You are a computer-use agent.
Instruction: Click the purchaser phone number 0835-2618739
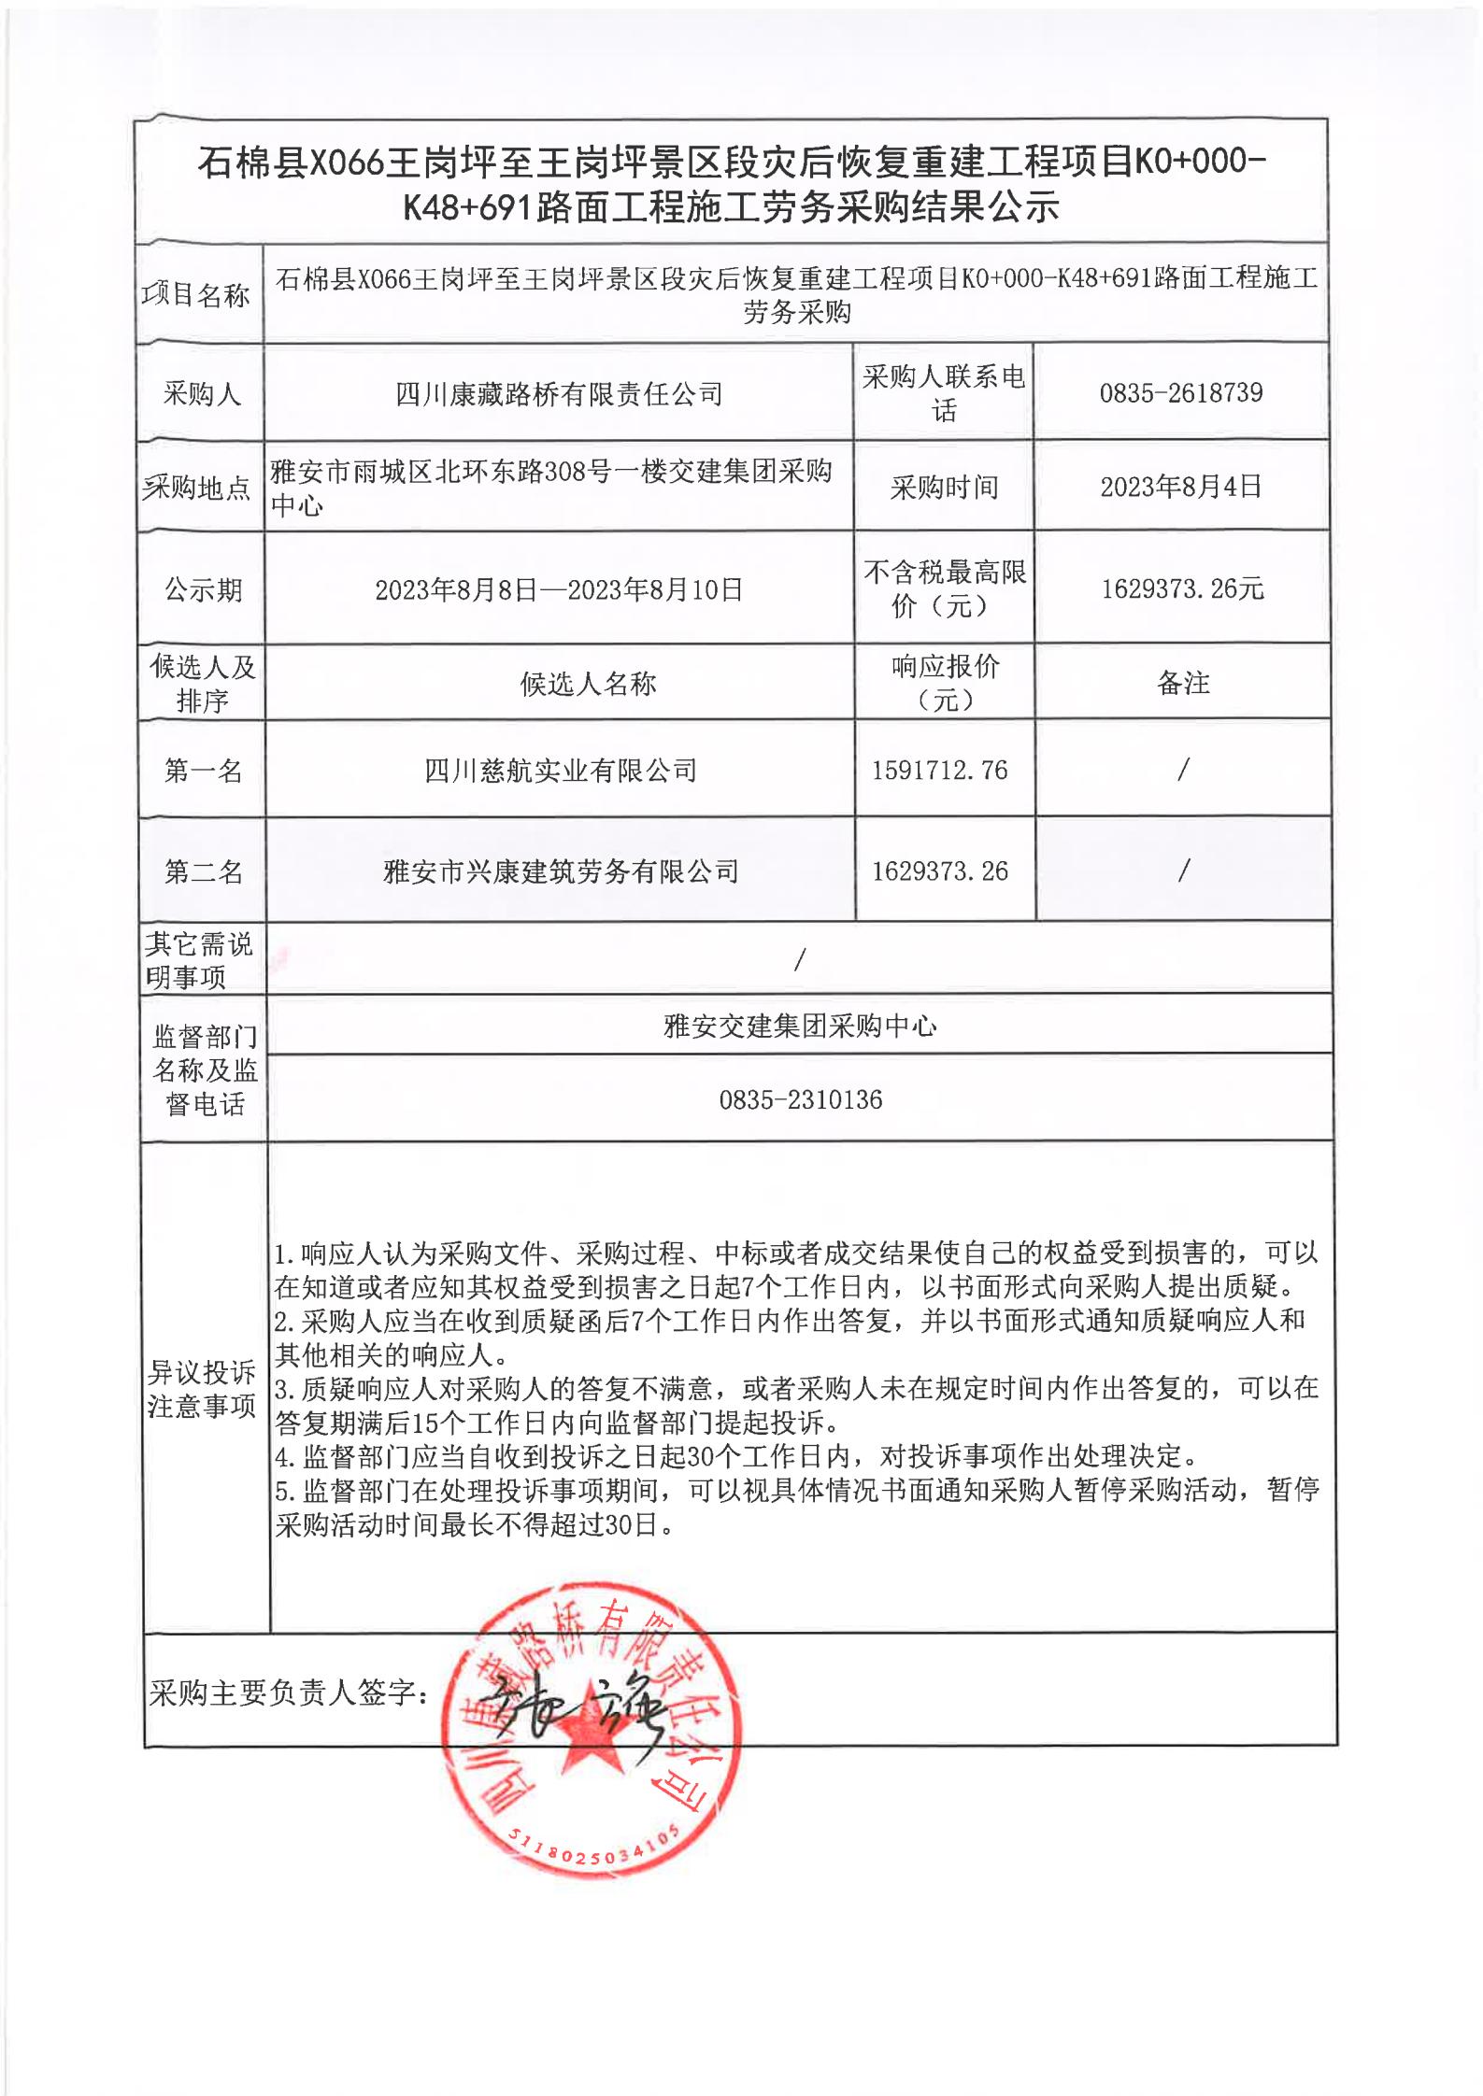coord(1180,392)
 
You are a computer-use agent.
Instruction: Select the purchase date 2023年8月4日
coord(1180,487)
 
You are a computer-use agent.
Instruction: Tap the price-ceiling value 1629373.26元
coord(1182,588)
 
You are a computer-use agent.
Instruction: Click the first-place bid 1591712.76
coord(939,770)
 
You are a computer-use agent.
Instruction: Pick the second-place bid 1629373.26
coord(939,871)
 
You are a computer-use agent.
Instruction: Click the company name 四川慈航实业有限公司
coord(560,771)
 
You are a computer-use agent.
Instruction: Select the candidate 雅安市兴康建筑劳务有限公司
coord(560,871)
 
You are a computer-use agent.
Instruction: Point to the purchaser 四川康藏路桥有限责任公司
coord(559,394)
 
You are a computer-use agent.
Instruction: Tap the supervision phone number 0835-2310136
coord(800,1099)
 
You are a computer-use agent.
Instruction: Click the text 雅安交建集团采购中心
coord(800,1027)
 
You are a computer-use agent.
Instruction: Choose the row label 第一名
coord(203,771)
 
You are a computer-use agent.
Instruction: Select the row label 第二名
coord(203,871)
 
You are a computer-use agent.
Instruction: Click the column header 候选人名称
coord(588,684)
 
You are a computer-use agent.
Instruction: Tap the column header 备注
coord(1183,683)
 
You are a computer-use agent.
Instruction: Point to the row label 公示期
coord(203,589)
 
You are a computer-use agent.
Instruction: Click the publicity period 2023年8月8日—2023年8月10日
coord(559,589)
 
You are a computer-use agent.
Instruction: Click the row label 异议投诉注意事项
coord(202,1389)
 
